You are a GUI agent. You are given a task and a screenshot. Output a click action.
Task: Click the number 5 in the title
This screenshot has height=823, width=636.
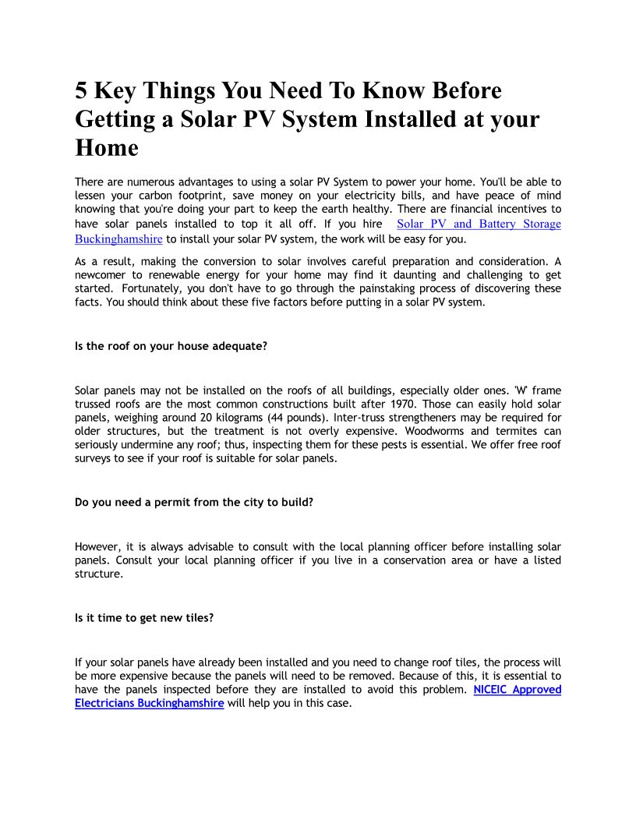[82, 91]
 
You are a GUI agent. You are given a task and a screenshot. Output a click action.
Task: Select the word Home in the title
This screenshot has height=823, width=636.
[107, 147]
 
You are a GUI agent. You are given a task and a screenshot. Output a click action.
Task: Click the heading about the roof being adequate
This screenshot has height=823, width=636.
[171, 346]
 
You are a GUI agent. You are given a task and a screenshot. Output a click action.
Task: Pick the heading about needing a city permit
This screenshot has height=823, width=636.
[194, 502]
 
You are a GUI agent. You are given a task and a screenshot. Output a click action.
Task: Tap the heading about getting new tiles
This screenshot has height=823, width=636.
[144, 618]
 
